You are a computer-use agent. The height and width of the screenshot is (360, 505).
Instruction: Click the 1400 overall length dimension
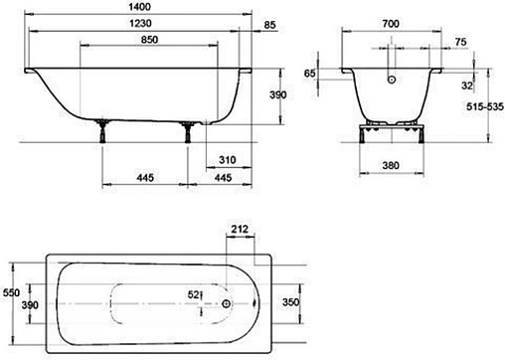[x=138, y=7]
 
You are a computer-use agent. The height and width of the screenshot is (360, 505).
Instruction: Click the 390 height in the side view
[x=277, y=94]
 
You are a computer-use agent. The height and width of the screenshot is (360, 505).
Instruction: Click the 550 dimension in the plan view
[x=10, y=293]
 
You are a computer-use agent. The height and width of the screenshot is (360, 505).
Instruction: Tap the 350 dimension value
[x=290, y=301]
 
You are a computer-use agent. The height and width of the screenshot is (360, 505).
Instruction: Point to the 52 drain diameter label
[x=195, y=294]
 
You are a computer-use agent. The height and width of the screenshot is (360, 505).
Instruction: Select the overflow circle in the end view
[x=392, y=82]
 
